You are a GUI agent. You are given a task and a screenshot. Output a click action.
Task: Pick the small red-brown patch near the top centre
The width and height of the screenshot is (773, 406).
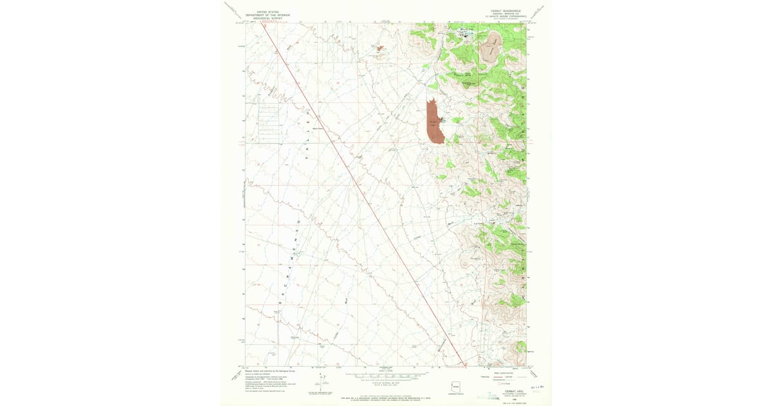tap(379, 48)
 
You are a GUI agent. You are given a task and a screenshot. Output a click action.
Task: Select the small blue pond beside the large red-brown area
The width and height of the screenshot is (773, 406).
tap(443, 119)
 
